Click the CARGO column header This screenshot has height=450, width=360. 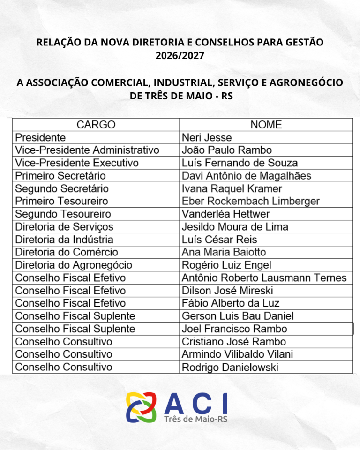pos(96,125)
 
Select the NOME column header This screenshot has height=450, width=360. pos(266,125)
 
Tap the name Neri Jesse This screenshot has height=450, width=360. pos(207,138)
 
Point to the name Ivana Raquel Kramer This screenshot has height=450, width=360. pos(232,188)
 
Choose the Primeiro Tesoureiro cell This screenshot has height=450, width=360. pos(61,201)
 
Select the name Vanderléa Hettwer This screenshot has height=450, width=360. pos(226,214)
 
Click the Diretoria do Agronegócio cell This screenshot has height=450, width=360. pos(74,265)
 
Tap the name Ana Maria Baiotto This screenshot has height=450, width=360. pos(224,252)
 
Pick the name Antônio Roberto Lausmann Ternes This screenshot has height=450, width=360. pos(264,277)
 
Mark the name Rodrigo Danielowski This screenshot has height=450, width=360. pos(230,367)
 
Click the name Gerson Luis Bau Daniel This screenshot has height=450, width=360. pos(238,316)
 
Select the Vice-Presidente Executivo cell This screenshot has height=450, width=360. pos(77,163)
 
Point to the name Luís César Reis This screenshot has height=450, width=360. pos(219,240)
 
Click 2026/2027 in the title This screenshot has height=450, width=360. pos(180,56)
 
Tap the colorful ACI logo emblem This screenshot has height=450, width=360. pos(141,406)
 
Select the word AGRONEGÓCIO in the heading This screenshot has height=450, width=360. pos(299,82)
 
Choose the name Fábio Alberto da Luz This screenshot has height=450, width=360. pos(231,303)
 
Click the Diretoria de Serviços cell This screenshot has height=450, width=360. pos(64,227)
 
